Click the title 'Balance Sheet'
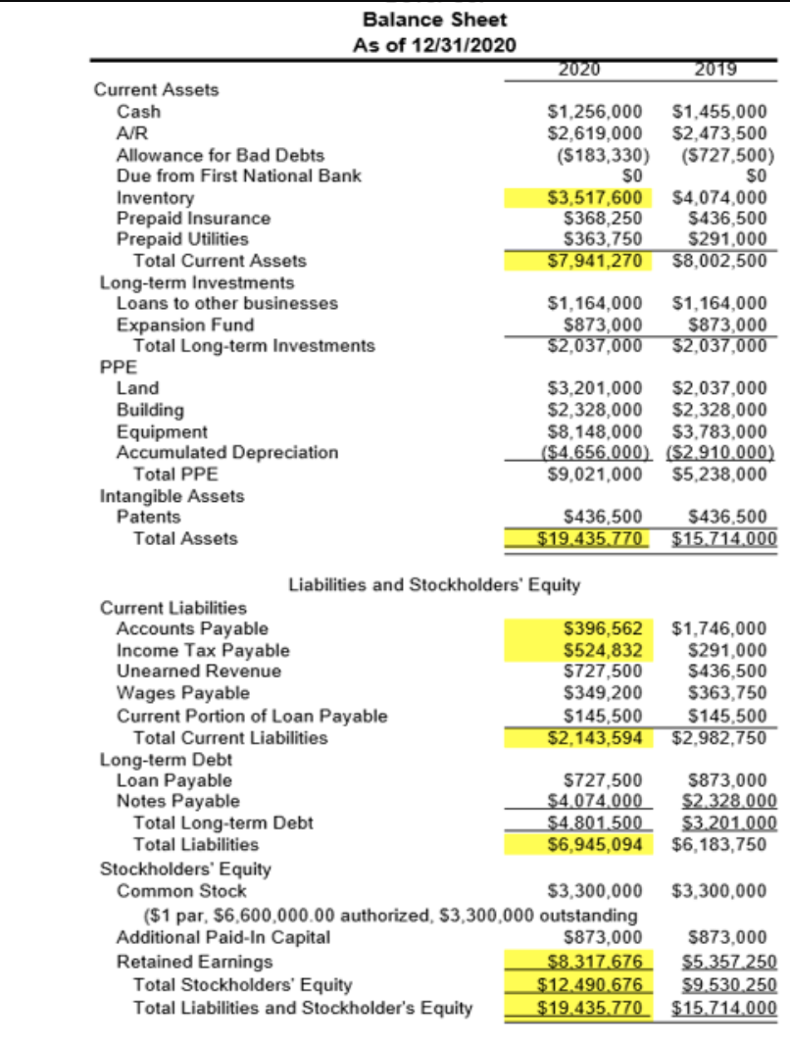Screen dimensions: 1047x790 (x=434, y=19)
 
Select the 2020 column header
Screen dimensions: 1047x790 (x=578, y=69)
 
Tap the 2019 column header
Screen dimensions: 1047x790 (x=720, y=69)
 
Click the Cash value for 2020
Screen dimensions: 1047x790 (x=594, y=112)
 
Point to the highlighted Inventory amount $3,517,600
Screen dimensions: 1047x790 (x=594, y=197)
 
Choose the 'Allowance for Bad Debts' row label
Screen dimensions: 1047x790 (x=220, y=155)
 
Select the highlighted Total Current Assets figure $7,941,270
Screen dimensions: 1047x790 (x=594, y=261)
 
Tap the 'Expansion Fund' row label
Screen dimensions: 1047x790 (x=184, y=324)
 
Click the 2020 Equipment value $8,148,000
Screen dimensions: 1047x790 (x=594, y=431)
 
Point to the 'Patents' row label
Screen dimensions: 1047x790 (x=148, y=517)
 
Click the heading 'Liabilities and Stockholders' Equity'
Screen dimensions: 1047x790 (x=434, y=585)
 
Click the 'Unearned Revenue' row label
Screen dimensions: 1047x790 (x=198, y=672)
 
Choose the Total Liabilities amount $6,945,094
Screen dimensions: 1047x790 (x=594, y=844)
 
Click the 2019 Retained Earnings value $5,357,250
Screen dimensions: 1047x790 (x=723, y=964)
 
